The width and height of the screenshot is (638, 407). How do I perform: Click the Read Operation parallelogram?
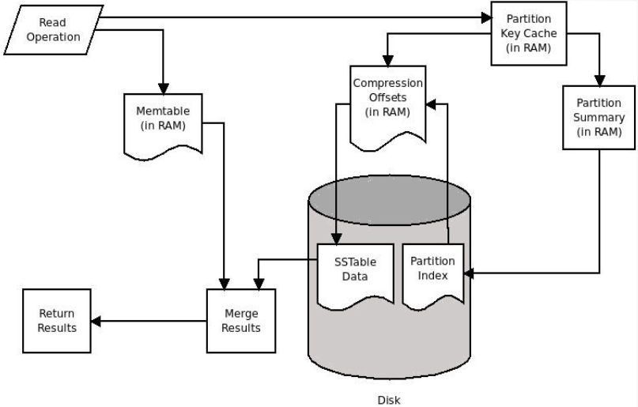[53, 30]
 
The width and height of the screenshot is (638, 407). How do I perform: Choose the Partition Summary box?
[599, 117]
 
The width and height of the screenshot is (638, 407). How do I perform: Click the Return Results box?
[57, 321]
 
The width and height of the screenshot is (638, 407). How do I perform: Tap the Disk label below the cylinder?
[388, 400]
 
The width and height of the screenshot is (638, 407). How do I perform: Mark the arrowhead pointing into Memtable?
[164, 89]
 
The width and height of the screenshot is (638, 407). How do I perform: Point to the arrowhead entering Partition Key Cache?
[485, 17]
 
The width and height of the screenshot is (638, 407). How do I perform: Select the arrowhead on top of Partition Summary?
[599, 81]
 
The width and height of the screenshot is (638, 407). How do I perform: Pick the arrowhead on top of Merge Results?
[228, 284]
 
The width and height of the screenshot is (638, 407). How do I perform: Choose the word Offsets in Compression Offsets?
[387, 97]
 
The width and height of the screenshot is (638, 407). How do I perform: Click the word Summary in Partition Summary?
[599, 117]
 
